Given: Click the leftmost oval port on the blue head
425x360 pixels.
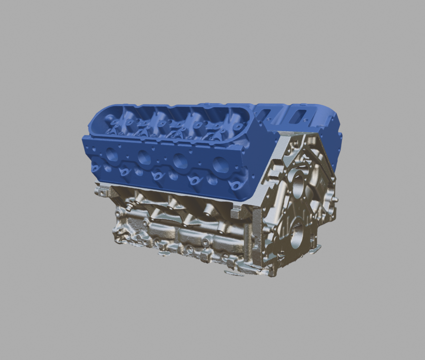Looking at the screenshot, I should pyautogui.click(x=112, y=153).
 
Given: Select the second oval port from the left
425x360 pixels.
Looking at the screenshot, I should pyautogui.click(x=144, y=157).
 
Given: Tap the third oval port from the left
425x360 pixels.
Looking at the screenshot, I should pyautogui.click(x=180, y=161).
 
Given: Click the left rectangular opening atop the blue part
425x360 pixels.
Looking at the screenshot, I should pyautogui.click(x=265, y=114).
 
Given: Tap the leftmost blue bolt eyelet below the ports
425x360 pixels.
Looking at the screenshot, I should pyautogui.click(x=95, y=168).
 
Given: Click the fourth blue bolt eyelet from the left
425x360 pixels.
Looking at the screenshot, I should pyautogui.click(x=194, y=180).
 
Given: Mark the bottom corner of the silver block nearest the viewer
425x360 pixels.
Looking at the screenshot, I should pyautogui.click(x=271, y=274).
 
